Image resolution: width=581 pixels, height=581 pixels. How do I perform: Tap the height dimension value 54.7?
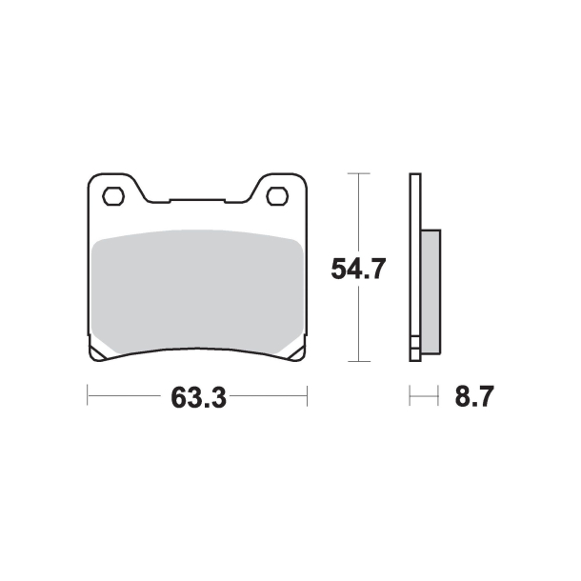click(357, 270)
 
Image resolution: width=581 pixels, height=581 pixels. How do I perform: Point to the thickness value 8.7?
click(473, 396)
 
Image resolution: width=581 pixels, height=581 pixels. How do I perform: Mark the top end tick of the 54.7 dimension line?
click(356, 173)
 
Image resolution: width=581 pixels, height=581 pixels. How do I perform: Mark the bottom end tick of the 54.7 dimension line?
click(356, 361)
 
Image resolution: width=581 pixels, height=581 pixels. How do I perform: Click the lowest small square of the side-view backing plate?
click(415, 355)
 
